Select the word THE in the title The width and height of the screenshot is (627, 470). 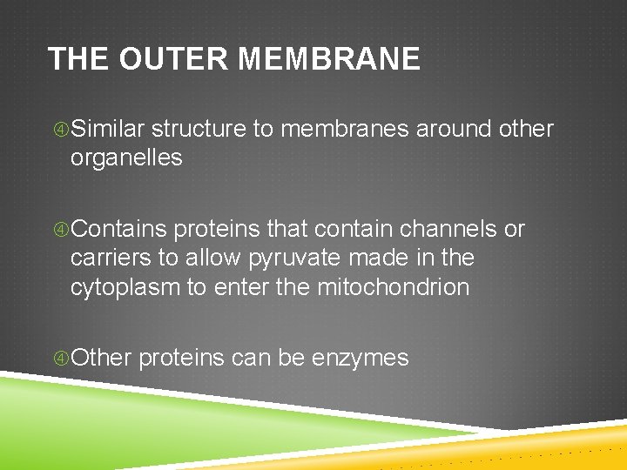pyautogui.click(x=78, y=59)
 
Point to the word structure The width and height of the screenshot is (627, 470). pyautogui.click(x=198, y=130)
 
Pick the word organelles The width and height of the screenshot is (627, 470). pyautogui.click(x=126, y=158)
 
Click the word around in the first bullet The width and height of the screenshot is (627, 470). pyautogui.click(x=452, y=130)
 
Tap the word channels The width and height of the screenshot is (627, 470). pyautogui.click(x=449, y=230)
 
